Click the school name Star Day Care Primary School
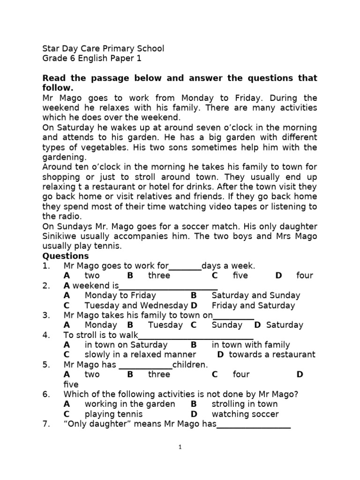click(103, 48)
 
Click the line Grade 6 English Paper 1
click(91, 59)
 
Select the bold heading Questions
click(66, 256)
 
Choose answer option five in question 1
click(240, 276)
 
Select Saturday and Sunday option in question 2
click(255, 295)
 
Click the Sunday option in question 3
click(227, 325)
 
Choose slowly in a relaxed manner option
click(140, 355)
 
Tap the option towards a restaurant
click(272, 355)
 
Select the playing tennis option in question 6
click(113, 414)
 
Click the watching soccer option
click(245, 414)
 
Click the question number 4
click(46, 335)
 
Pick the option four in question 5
click(241, 375)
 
